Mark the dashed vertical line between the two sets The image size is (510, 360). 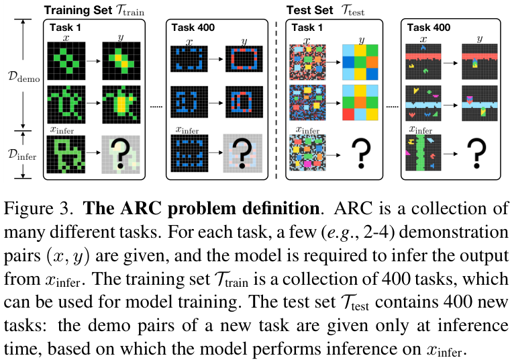[x=276, y=101]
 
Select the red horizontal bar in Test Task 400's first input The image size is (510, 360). [x=423, y=55]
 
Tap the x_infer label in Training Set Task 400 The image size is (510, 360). [x=188, y=129]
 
